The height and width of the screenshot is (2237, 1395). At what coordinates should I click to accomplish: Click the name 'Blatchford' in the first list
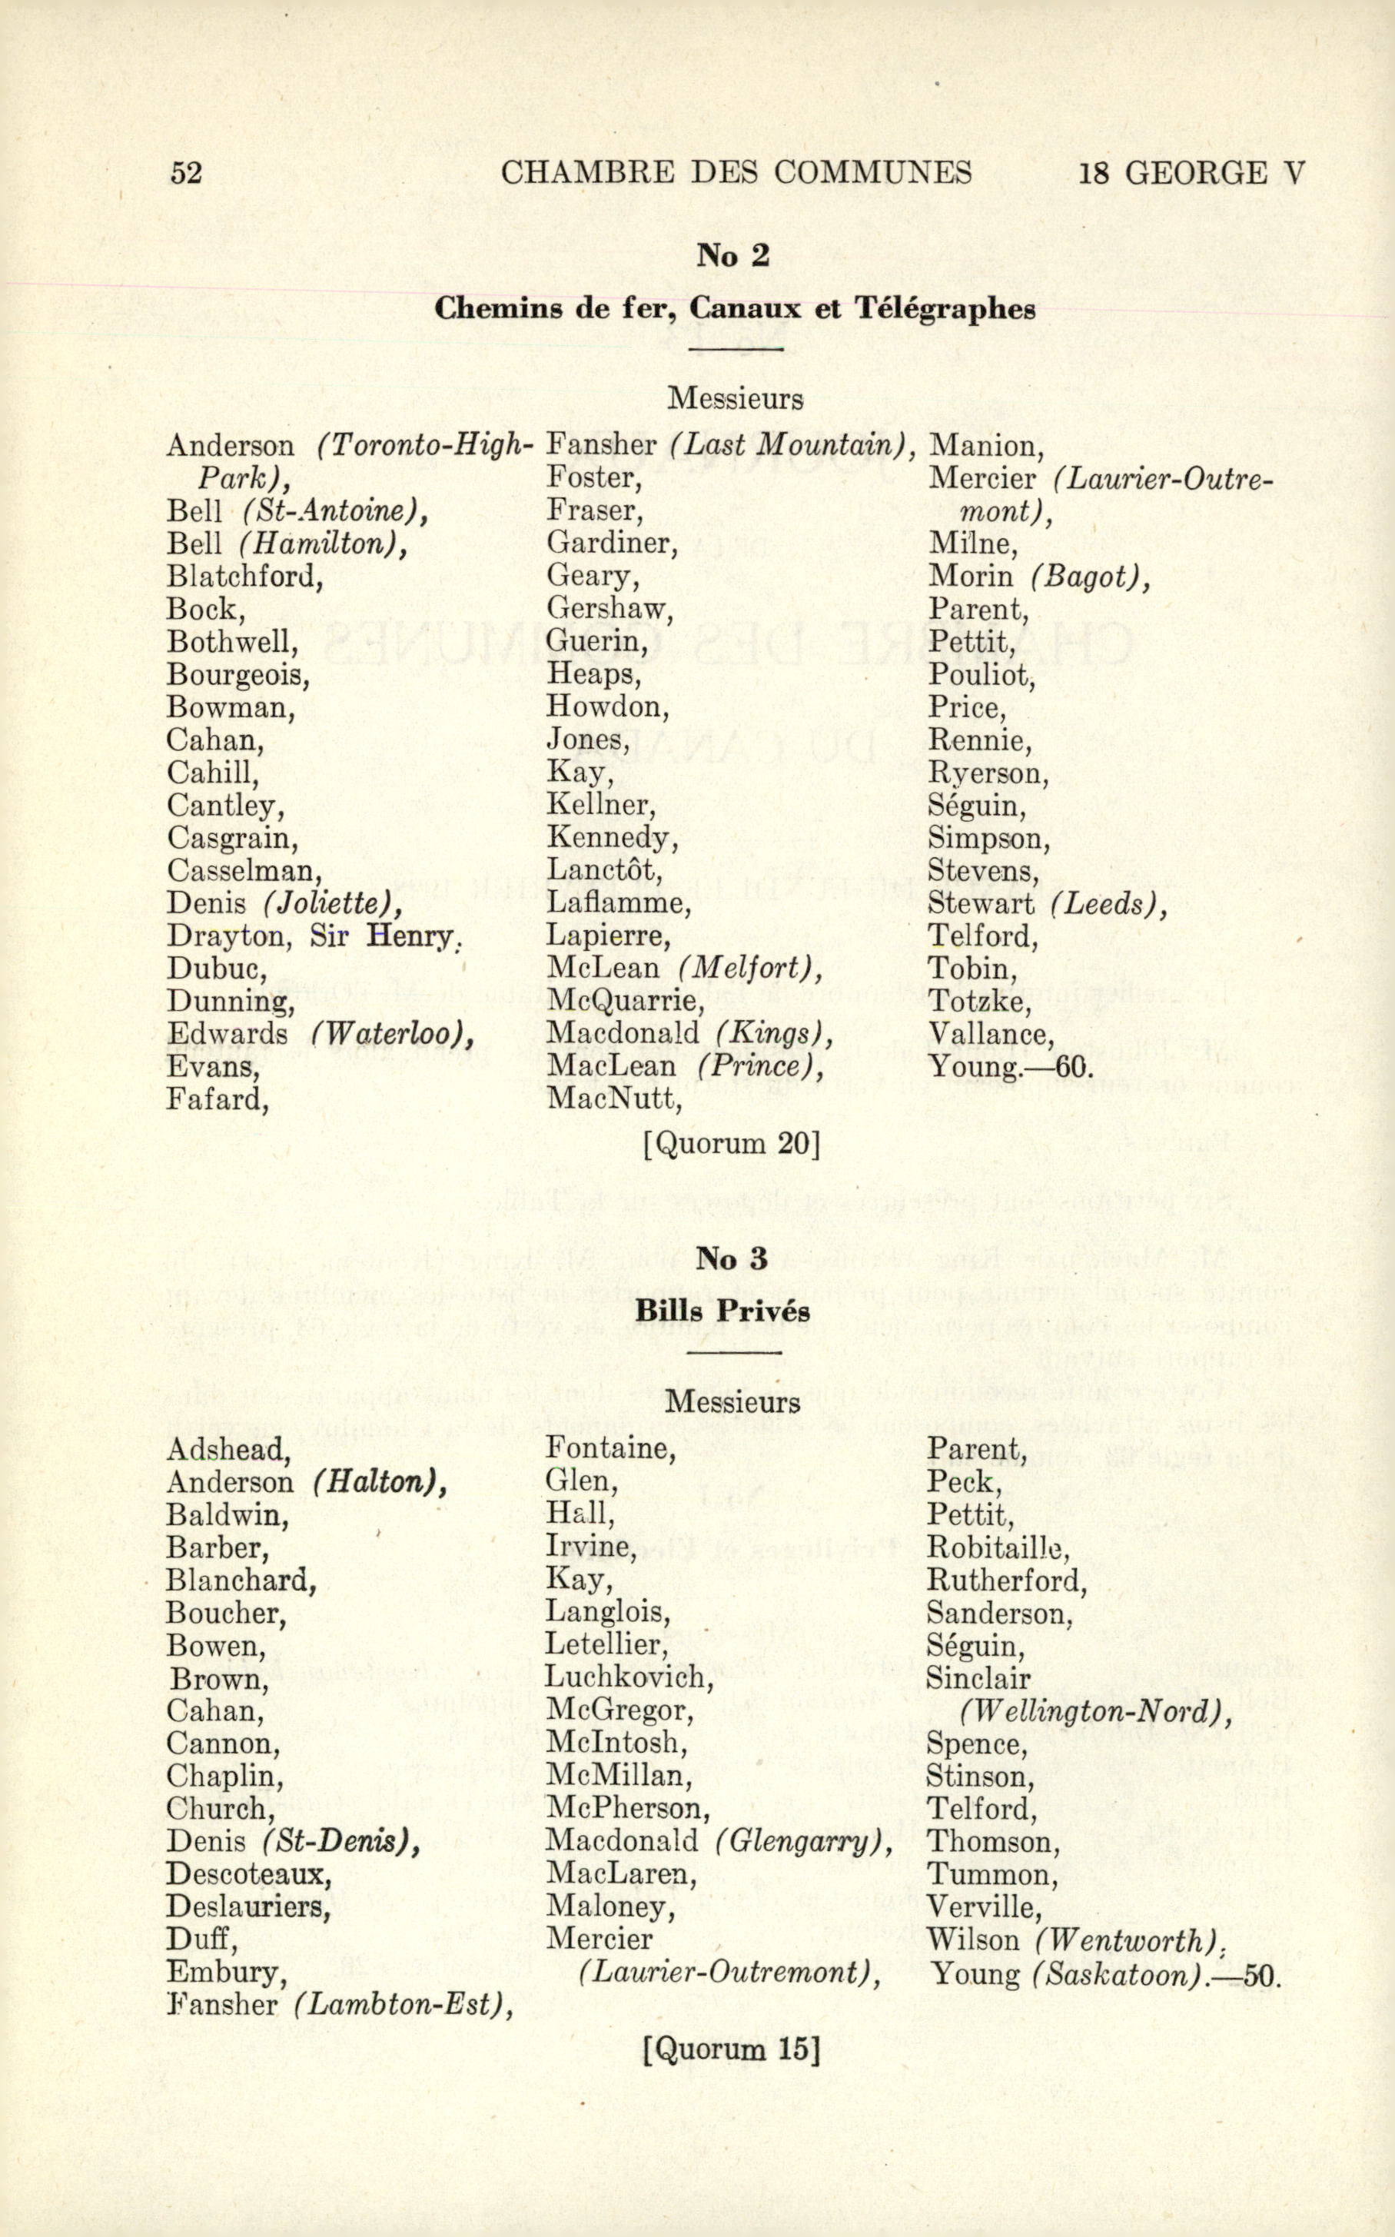click(x=244, y=577)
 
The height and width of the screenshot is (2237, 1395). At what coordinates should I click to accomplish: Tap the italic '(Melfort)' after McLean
click(x=749, y=968)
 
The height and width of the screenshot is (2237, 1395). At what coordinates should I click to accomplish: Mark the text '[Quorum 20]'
click(x=732, y=1145)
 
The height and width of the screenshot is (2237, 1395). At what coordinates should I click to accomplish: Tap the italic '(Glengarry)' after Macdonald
click(x=802, y=1817)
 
